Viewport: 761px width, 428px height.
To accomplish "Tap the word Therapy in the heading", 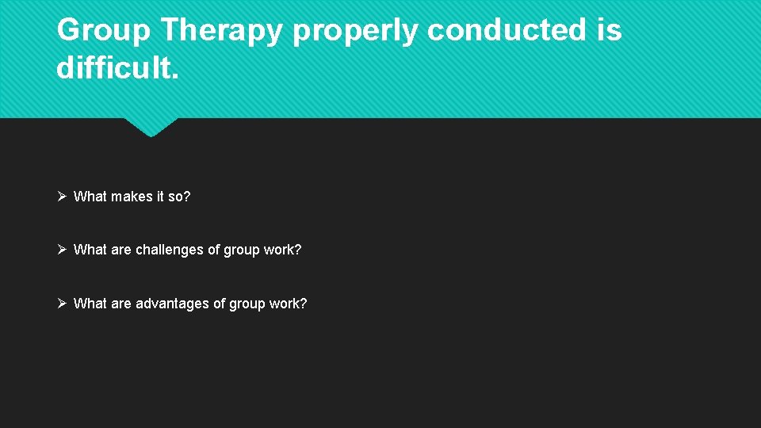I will [224, 31].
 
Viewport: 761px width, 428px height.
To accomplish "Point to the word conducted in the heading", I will [504, 31].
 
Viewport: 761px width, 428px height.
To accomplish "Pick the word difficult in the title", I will [117, 68].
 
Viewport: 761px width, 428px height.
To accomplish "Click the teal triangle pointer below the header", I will [151, 127].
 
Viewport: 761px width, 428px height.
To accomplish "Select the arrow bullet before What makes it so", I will [63, 196].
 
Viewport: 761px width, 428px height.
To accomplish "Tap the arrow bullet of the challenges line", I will [63, 250].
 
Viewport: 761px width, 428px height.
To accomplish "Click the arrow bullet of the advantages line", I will [63, 304].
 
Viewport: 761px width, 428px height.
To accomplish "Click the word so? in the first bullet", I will [179, 196].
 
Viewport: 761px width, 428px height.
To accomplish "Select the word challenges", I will [169, 250].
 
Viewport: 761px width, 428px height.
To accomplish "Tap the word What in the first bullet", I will [90, 196].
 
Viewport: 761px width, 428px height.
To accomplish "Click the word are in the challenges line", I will [121, 250].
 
